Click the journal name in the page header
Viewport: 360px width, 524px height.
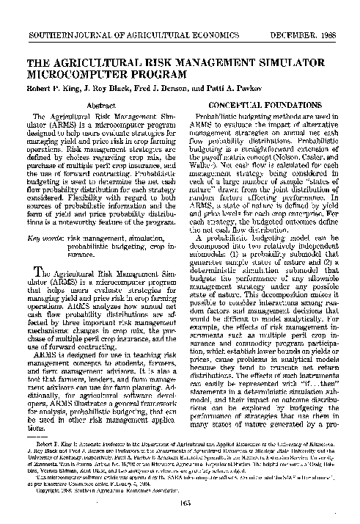(136, 15)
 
